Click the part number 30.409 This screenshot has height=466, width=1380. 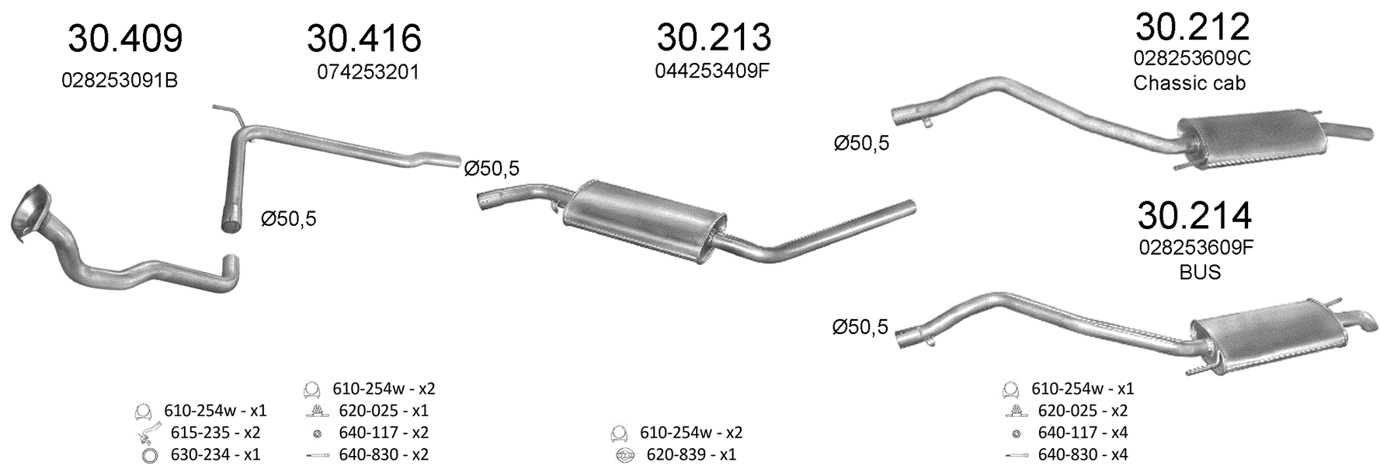click(x=125, y=39)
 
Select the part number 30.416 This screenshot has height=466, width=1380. click(x=364, y=39)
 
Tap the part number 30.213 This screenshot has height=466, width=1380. click(x=714, y=37)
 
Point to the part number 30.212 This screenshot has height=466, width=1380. click(x=1192, y=26)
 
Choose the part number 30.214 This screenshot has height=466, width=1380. click(x=1194, y=215)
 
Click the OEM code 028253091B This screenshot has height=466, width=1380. click(x=120, y=81)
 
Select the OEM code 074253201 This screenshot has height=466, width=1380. click(x=368, y=72)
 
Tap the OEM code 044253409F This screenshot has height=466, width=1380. click(x=712, y=71)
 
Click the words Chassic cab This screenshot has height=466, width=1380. click(x=1189, y=83)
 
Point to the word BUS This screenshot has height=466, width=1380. click(x=1200, y=273)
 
